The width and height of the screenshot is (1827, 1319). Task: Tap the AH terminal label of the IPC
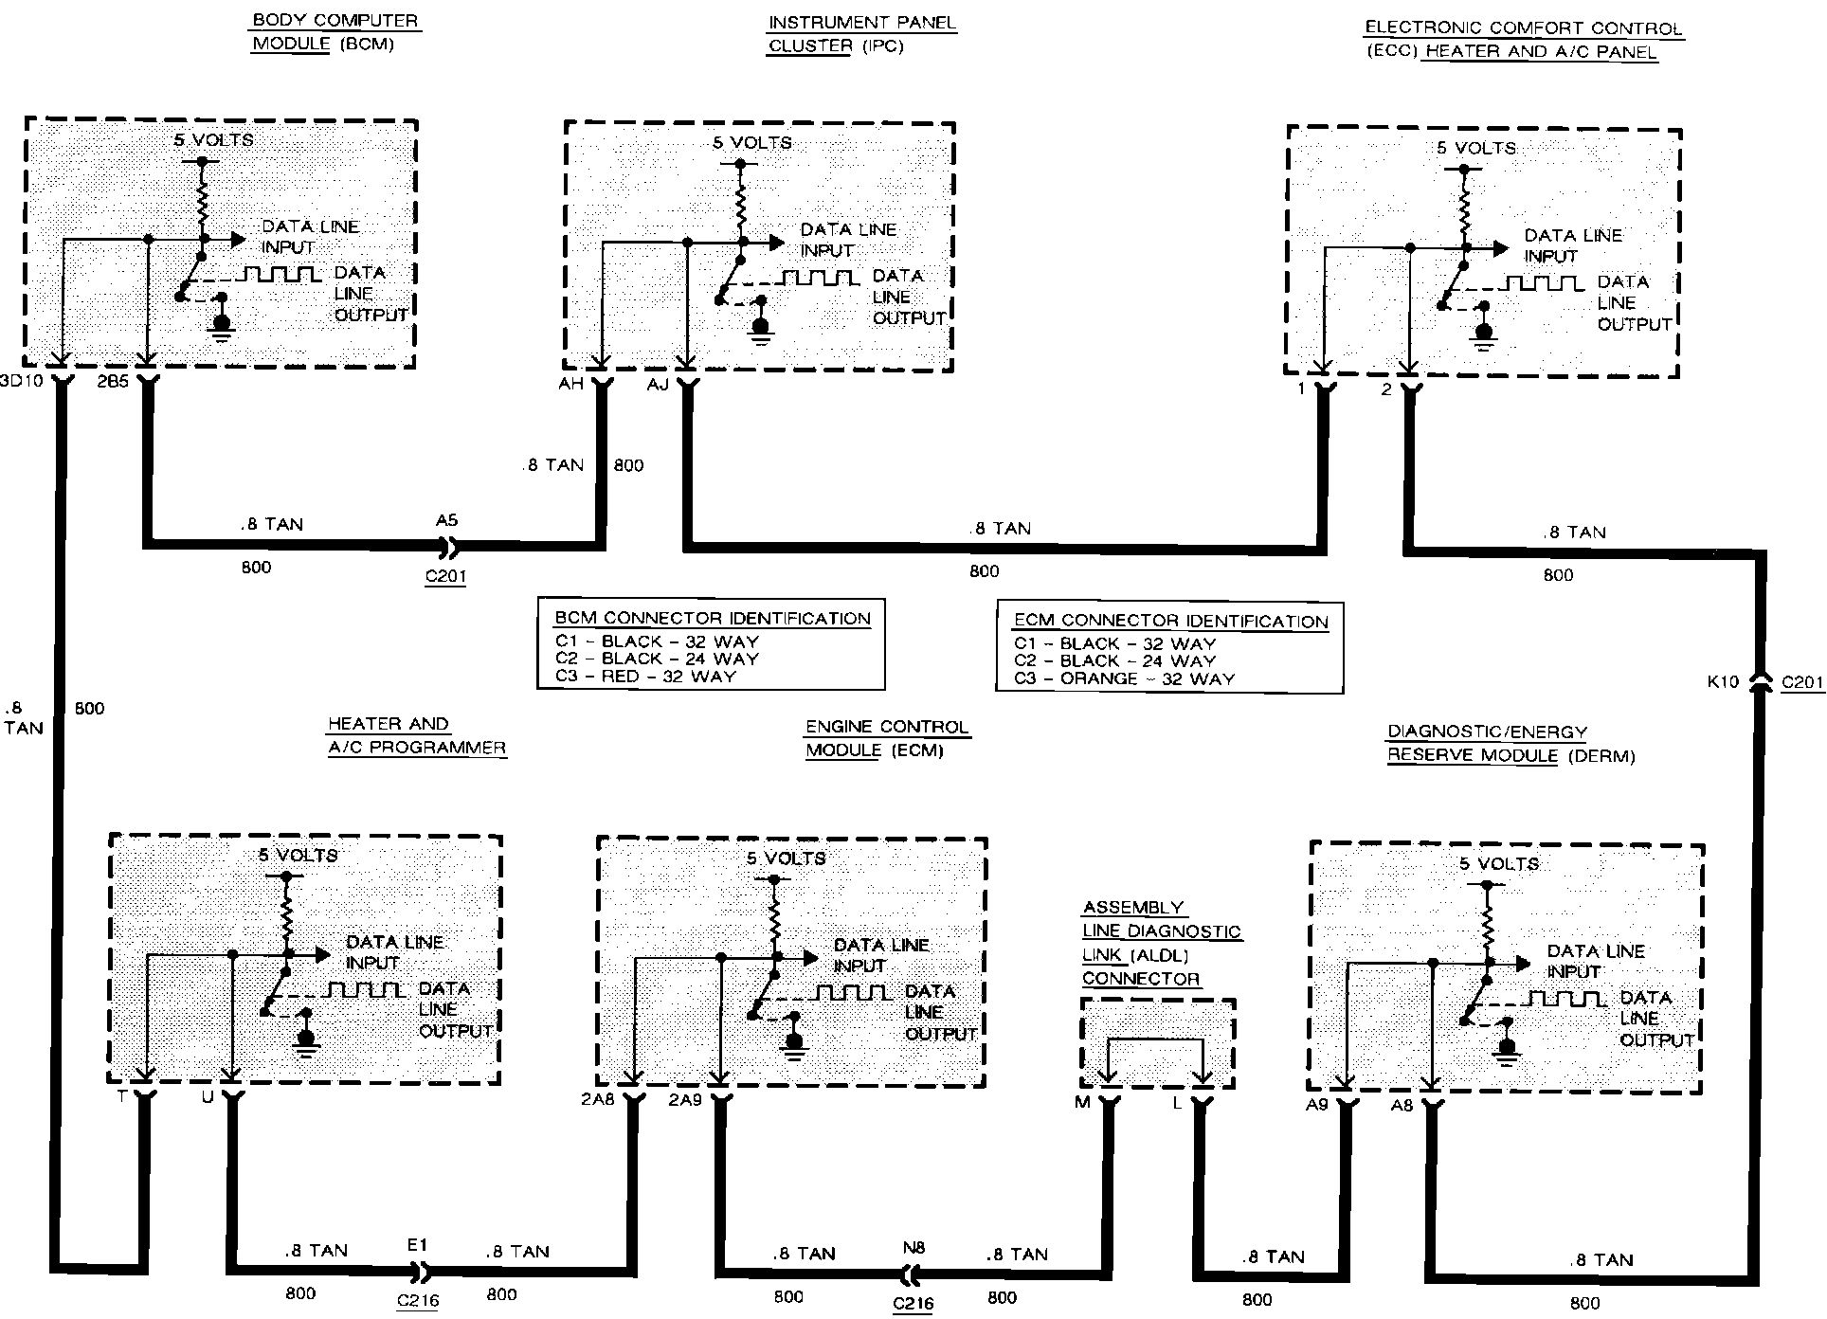tap(571, 384)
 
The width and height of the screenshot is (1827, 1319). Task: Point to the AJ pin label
tap(659, 385)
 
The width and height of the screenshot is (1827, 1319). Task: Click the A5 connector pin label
tap(446, 520)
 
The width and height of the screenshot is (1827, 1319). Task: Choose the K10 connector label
tap(1723, 681)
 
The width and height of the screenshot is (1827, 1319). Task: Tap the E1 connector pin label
tap(418, 1245)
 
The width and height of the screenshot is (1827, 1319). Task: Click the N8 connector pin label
tap(913, 1249)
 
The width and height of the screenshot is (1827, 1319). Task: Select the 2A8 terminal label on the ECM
tap(599, 1100)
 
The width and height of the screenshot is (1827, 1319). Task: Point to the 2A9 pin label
tap(685, 1100)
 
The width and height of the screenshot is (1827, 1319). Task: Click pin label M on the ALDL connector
tap(1082, 1103)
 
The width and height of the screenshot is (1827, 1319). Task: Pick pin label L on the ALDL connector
tap(1177, 1103)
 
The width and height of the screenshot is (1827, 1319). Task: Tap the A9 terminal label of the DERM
tap(1317, 1105)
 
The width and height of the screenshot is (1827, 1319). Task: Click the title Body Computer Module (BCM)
tap(335, 32)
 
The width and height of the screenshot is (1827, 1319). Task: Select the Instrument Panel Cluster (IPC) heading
tap(861, 34)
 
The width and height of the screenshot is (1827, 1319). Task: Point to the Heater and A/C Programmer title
tap(416, 736)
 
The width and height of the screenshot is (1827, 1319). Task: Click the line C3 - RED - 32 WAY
tap(645, 677)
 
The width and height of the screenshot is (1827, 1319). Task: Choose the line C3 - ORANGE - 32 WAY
tap(1124, 678)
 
